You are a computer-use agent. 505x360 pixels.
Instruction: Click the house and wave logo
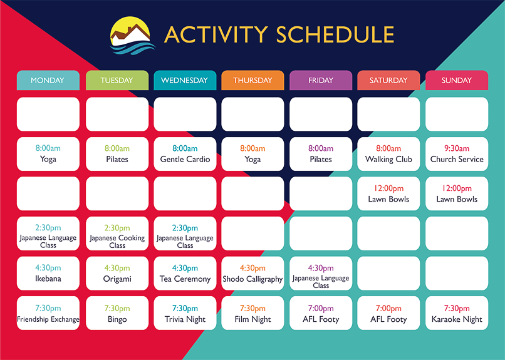pyautogui.click(x=132, y=36)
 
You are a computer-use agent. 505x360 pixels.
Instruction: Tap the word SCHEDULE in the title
pyautogui.click(x=335, y=34)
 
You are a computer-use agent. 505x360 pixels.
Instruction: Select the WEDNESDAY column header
pyautogui.click(x=185, y=80)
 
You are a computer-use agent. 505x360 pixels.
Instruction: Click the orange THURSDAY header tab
pyautogui.click(x=252, y=80)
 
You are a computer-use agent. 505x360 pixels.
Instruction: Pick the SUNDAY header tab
pyautogui.click(x=457, y=80)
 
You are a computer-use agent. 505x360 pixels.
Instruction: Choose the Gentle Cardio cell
pyautogui.click(x=185, y=154)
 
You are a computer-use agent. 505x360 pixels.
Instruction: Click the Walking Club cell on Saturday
pyautogui.click(x=388, y=154)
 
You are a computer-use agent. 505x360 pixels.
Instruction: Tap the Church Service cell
pyautogui.click(x=457, y=154)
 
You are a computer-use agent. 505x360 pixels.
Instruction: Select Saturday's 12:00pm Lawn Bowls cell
pyautogui.click(x=388, y=193)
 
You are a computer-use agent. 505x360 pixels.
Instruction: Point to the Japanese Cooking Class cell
pyautogui.click(x=117, y=234)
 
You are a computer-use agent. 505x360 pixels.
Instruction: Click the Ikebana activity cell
pyautogui.click(x=48, y=274)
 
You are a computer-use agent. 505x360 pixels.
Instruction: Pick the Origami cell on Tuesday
pyautogui.click(x=117, y=274)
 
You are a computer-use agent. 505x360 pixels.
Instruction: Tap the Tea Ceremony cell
pyautogui.click(x=185, y=274)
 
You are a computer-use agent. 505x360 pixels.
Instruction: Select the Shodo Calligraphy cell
pyautogui.click(x=252, y=274)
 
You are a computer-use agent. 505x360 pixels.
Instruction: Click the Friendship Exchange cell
pyautogui.click(x=48, y=313)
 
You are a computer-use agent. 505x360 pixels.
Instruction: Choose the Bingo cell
pyautogui.click(x=117, y=313)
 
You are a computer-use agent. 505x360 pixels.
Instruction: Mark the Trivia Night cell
pyautogui.click(x=185, y=313)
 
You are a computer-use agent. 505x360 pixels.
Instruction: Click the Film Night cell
pyautogui.click(x=252, y=313)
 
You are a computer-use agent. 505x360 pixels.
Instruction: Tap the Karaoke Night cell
pyautogui.click(x=457, y=313)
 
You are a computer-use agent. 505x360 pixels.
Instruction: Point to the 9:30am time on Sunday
pyautogui.click(x=457, y=148)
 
